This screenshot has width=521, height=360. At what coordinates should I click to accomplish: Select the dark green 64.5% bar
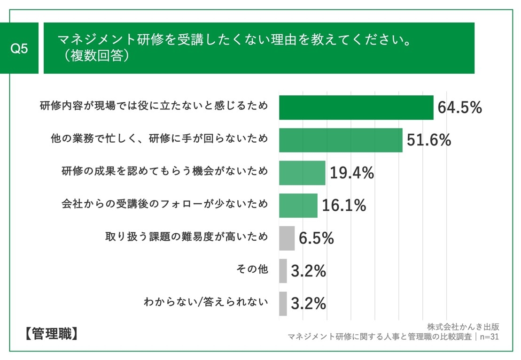click(x=356, y=107)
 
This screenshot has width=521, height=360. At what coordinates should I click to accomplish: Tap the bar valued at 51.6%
click(x=341, y=140)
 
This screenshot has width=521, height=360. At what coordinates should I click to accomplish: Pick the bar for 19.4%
click(x=302, y=173)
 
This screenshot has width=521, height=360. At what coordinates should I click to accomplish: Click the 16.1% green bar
click(x=298, y=205)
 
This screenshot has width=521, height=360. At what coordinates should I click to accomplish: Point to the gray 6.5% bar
click(x=287, y=238)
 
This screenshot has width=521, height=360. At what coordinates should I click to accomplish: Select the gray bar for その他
click(x=283, y=271)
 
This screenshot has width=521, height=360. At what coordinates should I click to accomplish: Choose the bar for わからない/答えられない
click(x=283, y=303)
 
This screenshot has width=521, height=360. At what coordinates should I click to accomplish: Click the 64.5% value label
click(x=459, y=107)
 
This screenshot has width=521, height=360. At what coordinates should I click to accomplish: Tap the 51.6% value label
click(x=428, y=140)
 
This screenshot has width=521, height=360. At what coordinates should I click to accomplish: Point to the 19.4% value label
click(x=351, y=173)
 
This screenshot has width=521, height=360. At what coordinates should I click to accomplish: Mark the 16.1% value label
click(x=343, y=205)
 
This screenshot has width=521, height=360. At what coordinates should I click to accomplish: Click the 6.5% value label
click(x=316, y=238)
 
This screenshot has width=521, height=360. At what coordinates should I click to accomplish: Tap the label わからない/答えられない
click(x=206, y=302)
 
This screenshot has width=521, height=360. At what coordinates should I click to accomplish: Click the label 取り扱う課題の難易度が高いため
click(x=187, y=237)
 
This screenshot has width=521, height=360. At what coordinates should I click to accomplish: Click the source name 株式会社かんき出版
click(x=463, y=326)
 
